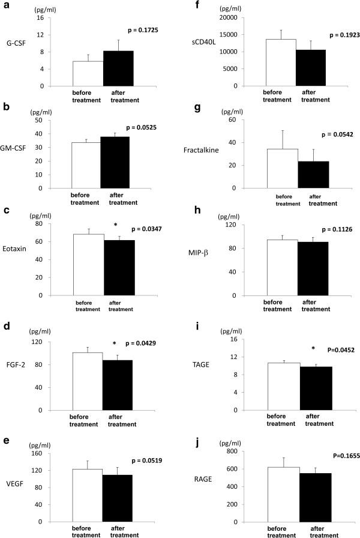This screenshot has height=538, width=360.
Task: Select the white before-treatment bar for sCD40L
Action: pyautogui.click(x=281, y=62)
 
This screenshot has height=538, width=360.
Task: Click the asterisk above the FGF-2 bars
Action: pyautogui.click(x=115, y=344)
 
